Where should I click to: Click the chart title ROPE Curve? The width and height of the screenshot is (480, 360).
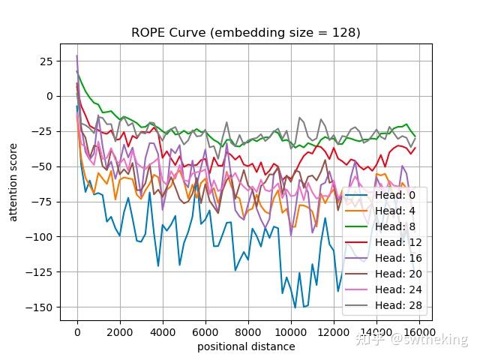tap(245, 32)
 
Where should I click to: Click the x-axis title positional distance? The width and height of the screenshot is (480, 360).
tap(246, 346)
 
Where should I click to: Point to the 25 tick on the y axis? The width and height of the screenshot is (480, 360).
tap(46, 61)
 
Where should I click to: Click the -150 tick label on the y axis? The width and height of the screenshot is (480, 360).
tap(42, 307)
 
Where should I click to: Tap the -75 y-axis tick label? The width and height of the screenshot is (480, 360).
tap(44, 202)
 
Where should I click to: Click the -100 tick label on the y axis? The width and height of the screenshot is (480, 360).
tap(42, 236)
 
